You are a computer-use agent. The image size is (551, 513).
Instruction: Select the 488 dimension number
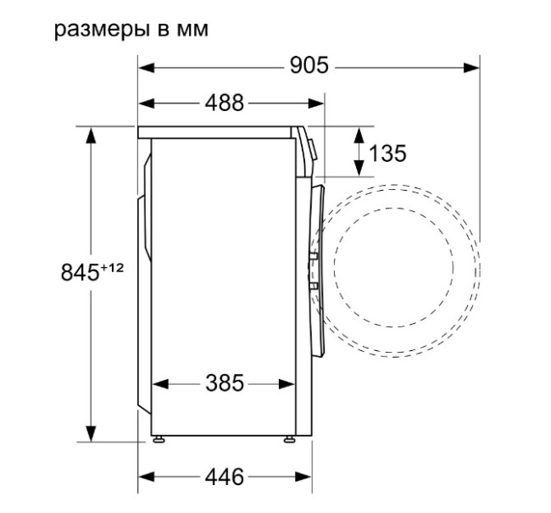click(x=224, y=103)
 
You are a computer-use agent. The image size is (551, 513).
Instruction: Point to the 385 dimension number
click(x=224, y=383)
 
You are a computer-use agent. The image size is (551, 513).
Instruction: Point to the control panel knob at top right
click(x=313, y=148)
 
